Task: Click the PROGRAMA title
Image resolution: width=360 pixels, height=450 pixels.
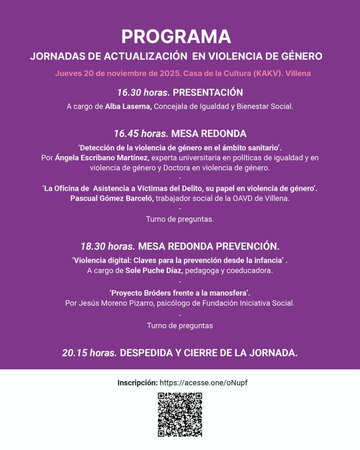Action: click(176, 36)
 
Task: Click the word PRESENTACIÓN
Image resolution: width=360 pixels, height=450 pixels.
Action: click(208, 92)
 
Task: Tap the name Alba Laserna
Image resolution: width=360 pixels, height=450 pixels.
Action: click(128, 106)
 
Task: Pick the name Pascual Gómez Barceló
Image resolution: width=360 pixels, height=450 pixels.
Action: click(112, 198)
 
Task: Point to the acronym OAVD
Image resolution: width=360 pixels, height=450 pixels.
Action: click(257, 198)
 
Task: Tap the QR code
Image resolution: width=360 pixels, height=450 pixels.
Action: click(180, 414)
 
